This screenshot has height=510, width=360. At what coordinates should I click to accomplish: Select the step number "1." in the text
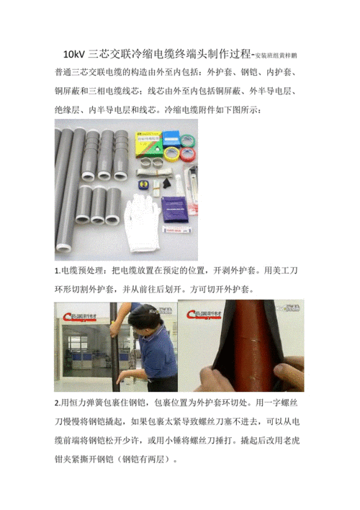click(58, 271)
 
